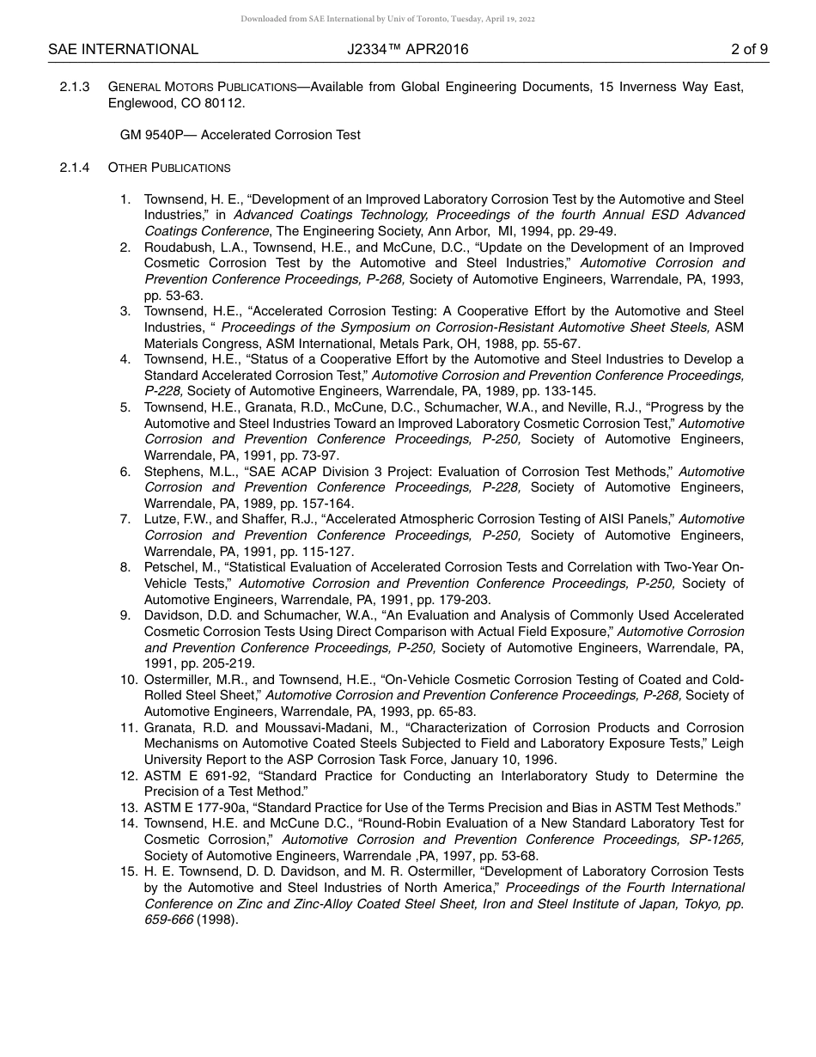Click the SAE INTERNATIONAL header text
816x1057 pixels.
pyautogui.click(x=123, y=50)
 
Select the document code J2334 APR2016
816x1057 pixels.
pyautogui.click(x=408, y=50)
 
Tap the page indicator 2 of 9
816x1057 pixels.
pyautogui.click(x=749, y=50)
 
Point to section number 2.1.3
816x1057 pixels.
pyautogui.click(x=75, y=87)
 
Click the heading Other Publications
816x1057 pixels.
pyautogui.click(x=169, y=168)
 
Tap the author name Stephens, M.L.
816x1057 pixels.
pyautogui.click(x=186, y=472)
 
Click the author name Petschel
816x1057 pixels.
pyautogui.click(x=169, y=567)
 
